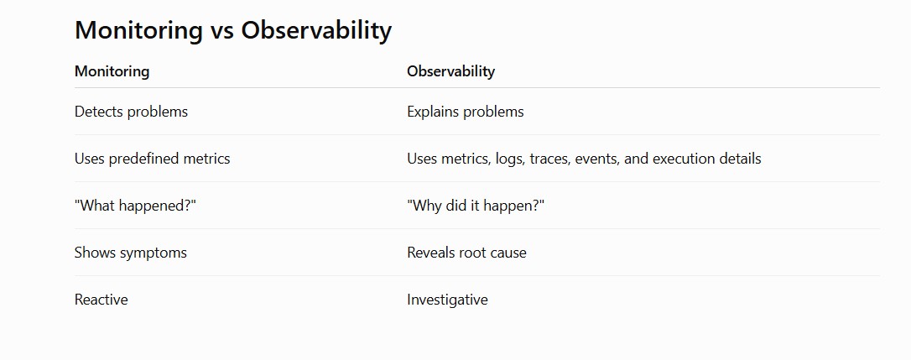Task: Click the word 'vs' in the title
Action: [222, 30]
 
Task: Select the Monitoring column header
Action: [112, 71]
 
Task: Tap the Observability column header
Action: [450, 71]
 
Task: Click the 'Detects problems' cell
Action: [132, 111]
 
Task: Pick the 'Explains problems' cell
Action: [466, 111]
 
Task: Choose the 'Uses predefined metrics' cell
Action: [152, 159]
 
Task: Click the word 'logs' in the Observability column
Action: [510, 159]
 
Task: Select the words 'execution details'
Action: [707, 159]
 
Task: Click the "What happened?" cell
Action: [135, 206]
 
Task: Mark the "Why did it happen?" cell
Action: [476, 206]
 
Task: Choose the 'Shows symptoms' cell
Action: [131, 253]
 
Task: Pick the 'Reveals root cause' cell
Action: [466, 253]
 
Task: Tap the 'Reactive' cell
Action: [102, 300]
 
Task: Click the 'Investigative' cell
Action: [447, 300]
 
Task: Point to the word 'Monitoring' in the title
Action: [139, 30]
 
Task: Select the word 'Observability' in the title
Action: [316, 30]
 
